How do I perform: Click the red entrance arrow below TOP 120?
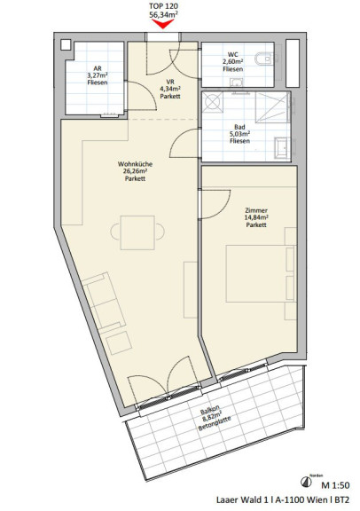pos(163,23)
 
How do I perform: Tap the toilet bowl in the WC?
pos(263,59)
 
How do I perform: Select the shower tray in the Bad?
pos(272,107)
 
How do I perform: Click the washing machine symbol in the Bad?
pos(213,102)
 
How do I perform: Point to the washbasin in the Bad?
pos(281,148)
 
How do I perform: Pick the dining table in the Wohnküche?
pos(137,232)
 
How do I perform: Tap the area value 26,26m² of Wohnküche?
pos(135,171)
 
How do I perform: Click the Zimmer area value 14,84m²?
pos(256,217)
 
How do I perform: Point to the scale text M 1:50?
pos(335,485)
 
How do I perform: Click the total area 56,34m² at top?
pos(163,15)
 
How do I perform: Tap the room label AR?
pos(98,68)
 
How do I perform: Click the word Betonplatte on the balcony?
pos(215,423)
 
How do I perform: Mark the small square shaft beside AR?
pos(66,45)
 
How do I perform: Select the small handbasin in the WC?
pos(237,83)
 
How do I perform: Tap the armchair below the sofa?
pos(119,343)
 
